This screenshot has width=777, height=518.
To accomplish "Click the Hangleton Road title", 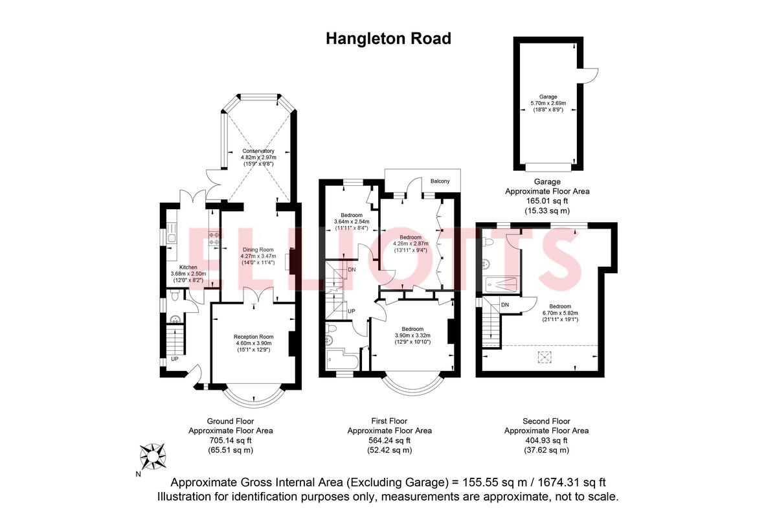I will click(388, 39).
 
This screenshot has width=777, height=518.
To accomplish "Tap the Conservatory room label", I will click(258, 150).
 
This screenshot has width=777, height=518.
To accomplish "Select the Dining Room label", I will click(258, 249).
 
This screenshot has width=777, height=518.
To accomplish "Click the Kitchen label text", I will click(188, 267).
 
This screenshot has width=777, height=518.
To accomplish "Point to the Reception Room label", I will click(253, 337).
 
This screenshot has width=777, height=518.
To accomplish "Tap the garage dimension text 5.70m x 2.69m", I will click(548, 103).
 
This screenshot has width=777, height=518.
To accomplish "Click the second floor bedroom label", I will click(560, 306).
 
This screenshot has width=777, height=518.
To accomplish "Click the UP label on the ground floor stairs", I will click(175, 359).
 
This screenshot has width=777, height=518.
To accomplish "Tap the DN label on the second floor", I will click(505, 304).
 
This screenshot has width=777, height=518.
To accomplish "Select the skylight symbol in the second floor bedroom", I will click(546, 355).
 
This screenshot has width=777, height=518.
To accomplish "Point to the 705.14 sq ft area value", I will click(231, 440).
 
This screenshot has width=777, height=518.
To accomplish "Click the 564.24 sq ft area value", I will click(389, 440).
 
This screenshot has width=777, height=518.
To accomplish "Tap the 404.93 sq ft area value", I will click(546, 440).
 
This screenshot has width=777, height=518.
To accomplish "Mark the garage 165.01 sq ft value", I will click(546, 201).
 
